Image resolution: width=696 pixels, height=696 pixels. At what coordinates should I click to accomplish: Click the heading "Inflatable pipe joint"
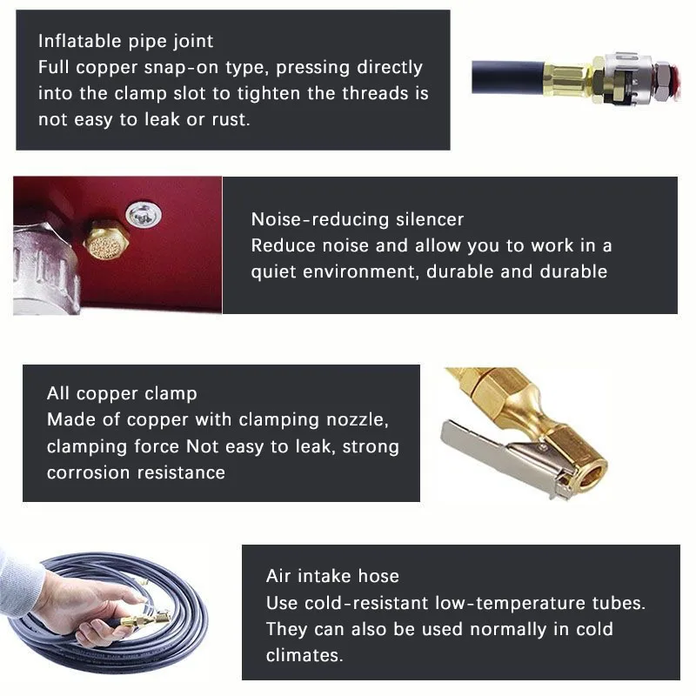coord(125,41)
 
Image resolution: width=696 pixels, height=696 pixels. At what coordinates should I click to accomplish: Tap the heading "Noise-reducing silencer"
coord(358,219)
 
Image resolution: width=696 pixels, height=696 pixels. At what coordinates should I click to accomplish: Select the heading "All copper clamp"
coord(122,393)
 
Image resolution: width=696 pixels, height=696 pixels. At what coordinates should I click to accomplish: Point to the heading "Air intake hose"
coord(332,576)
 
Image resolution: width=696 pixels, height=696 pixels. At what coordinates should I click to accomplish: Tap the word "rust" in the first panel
coord(230,120)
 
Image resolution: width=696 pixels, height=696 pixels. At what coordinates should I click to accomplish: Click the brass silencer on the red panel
coord(106,239)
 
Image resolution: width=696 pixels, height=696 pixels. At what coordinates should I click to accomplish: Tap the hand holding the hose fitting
coord(78,605)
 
